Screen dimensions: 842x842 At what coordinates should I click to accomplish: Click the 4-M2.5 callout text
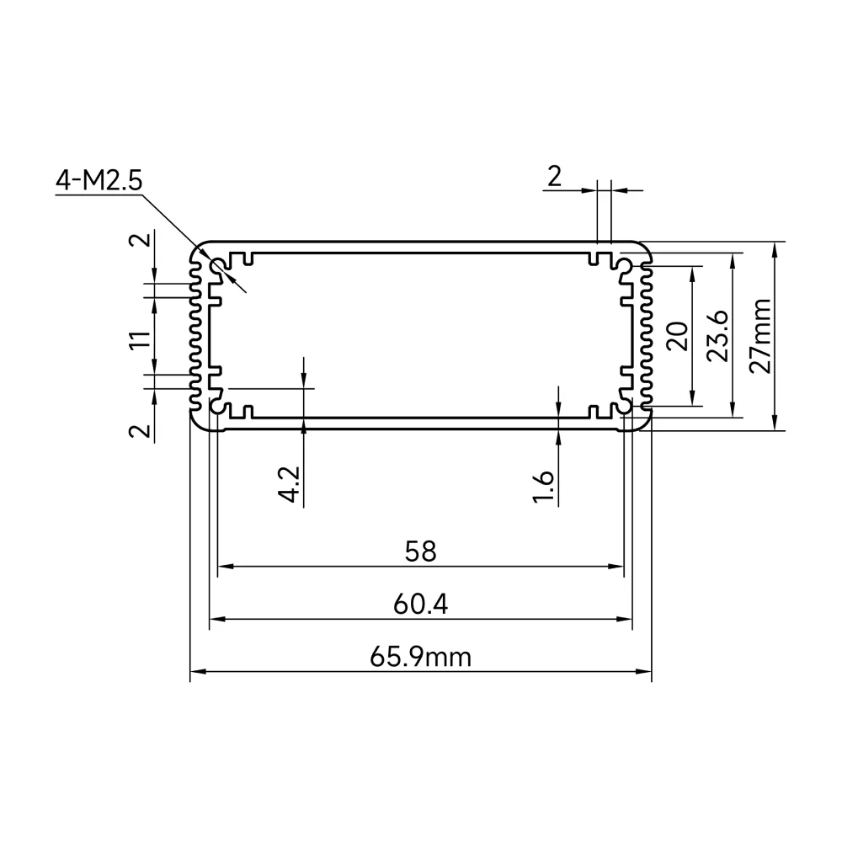[99, 180]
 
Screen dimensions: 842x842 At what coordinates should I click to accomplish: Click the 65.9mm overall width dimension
[420, 658]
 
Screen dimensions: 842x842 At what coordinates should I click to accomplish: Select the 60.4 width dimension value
[420, 605]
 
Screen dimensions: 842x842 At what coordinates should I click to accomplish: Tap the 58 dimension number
[420, 552]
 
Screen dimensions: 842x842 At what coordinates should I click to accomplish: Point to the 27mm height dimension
[760, 336]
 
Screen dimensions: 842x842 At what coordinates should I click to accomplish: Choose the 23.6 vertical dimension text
[718, 336]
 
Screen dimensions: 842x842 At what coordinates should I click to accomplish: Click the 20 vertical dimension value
[677, 336]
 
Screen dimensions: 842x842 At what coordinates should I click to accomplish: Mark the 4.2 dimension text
[289, 484]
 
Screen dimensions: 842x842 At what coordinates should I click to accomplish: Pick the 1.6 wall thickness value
[543, 487]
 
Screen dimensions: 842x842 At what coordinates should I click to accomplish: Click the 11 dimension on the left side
[141, 339]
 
